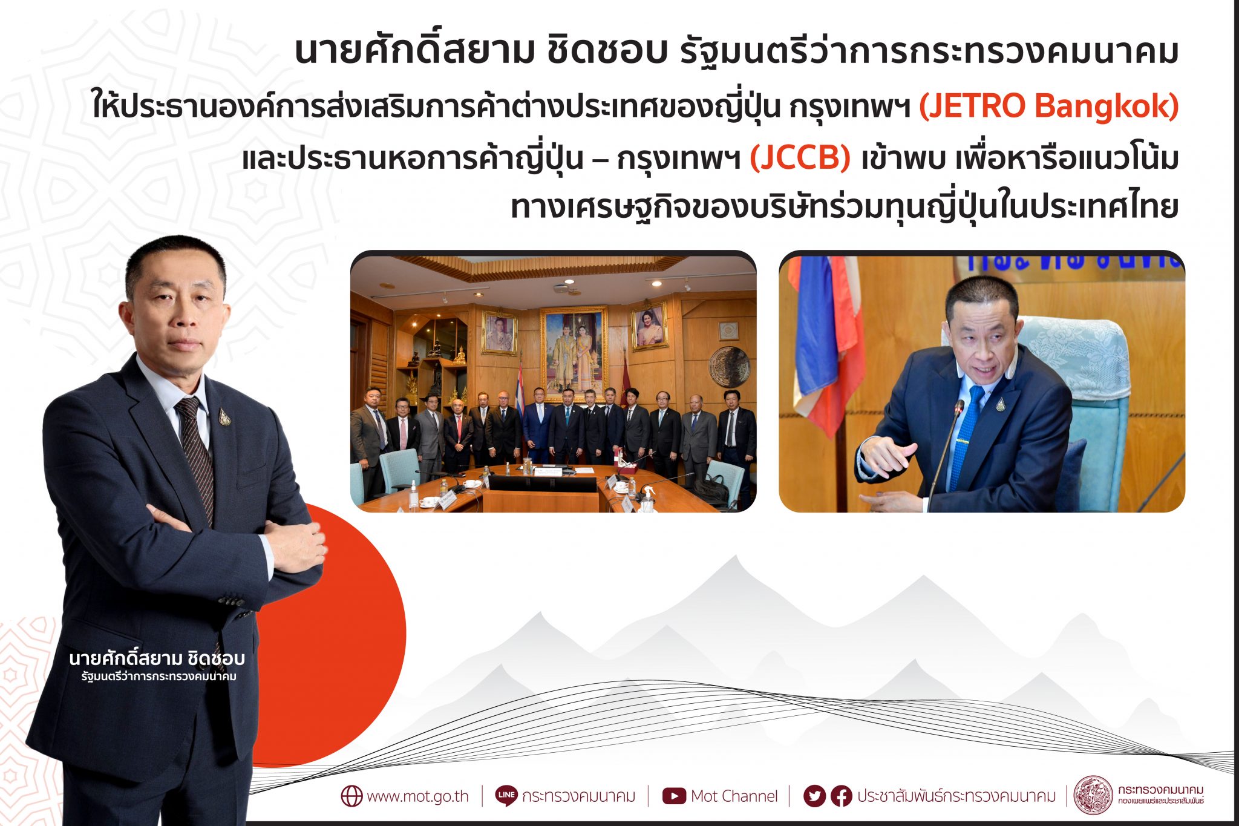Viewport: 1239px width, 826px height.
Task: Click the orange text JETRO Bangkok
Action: (x=1048, y=106)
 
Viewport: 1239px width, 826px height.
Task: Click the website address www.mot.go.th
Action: (x=417, y=796)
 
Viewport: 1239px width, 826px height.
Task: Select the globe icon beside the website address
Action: (x=351, y=796)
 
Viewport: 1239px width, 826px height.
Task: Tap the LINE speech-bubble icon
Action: (x=506, y=795)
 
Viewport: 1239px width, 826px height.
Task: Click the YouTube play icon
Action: (x=674, y=796)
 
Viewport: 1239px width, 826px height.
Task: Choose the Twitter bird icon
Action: (x=814, y=796)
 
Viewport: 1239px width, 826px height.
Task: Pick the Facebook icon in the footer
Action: (x=841, y=796)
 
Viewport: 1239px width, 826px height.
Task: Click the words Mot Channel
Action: (x=734, y=796)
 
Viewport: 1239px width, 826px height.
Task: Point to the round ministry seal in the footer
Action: (x=1093, y=795)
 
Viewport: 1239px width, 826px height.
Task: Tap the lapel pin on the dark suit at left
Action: (x=224, y=416)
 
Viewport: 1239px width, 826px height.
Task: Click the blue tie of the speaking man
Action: (x=965, y=436)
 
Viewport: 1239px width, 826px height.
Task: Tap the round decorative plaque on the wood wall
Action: (x=729, y=366)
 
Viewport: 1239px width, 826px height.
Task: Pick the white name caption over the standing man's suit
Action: (x=157, y=665)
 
